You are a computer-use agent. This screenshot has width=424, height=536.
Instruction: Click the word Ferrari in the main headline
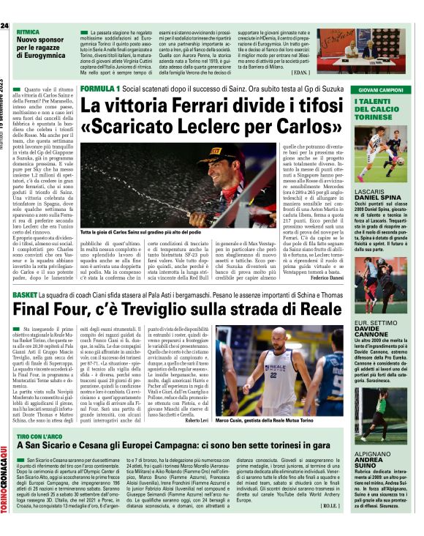pos(192,105)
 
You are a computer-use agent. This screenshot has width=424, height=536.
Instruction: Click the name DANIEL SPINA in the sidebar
pos(377,198)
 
